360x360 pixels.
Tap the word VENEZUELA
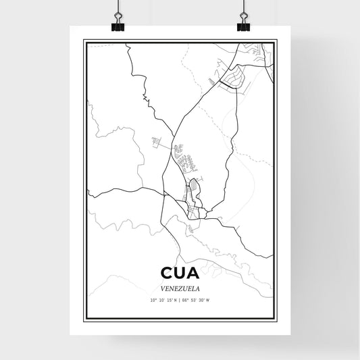point(180,287)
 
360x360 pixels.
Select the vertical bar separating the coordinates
point(180,300)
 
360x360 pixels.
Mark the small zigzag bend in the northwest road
point(144,100)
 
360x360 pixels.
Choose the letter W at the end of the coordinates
point(209,300)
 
